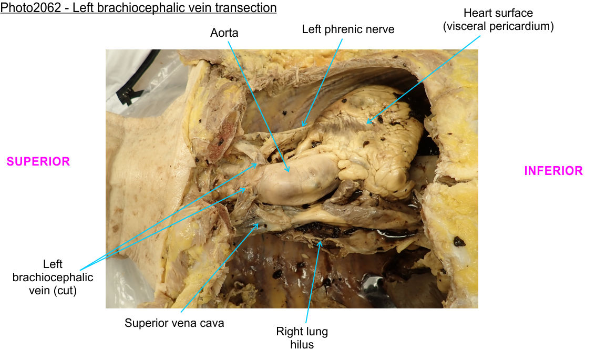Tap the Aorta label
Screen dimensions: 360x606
(x=224, y=33)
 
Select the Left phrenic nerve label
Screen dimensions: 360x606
(x=347, y=29)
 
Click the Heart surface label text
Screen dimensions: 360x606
(x=498, y=13)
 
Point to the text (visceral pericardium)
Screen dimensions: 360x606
(x=498, y=26)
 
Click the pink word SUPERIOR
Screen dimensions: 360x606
(x=38, y=162)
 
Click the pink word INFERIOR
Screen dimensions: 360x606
(x=553, y=171)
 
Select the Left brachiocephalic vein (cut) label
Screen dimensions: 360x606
(x=53, y=277)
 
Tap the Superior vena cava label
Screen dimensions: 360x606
(x=174, y=323)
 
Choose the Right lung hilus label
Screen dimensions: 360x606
(x=302, y=337)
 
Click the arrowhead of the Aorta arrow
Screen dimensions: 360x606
(x=289, y=172)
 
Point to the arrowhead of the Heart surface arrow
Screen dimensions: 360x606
(x=367, y=124)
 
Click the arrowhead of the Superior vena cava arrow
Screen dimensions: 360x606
(x=258, y=224)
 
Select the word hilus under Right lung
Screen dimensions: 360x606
(x=302, y=345)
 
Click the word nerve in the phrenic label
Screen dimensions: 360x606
(x=378, y=29)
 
